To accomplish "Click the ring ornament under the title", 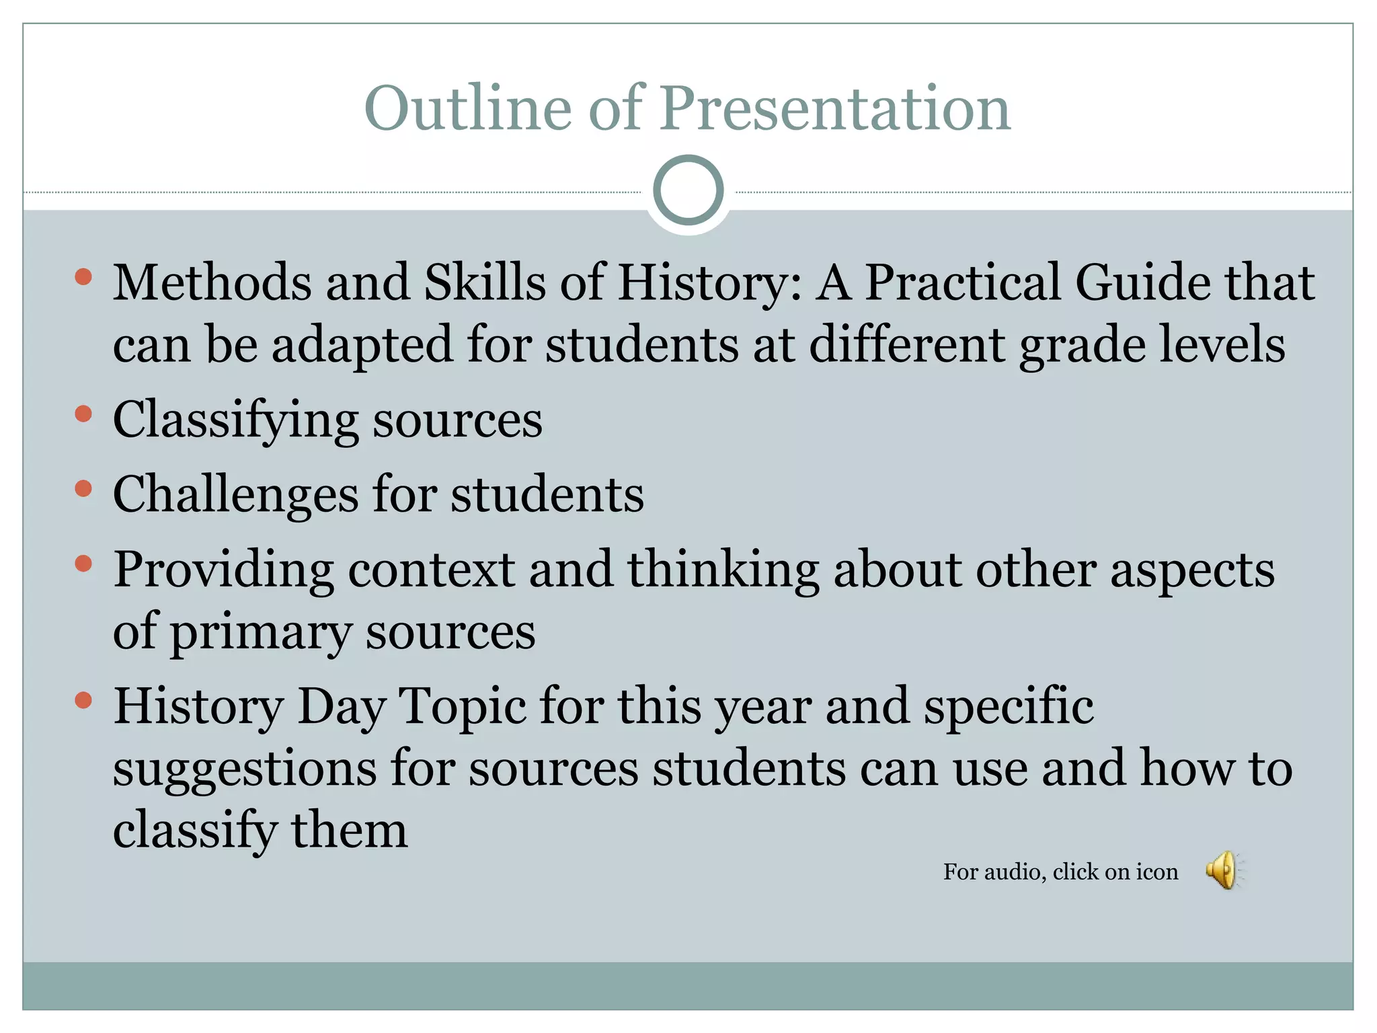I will click(688, 190).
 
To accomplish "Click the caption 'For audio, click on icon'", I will click(1060, 872).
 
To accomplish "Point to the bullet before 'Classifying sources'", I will click(83, 413).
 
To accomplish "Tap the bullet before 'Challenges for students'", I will click(83, 488).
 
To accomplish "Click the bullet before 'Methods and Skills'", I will click(83, 276).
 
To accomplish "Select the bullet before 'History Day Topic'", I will click(83, 701).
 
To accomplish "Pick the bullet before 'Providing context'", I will click(83, 563).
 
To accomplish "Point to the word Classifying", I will click(235, 420).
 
